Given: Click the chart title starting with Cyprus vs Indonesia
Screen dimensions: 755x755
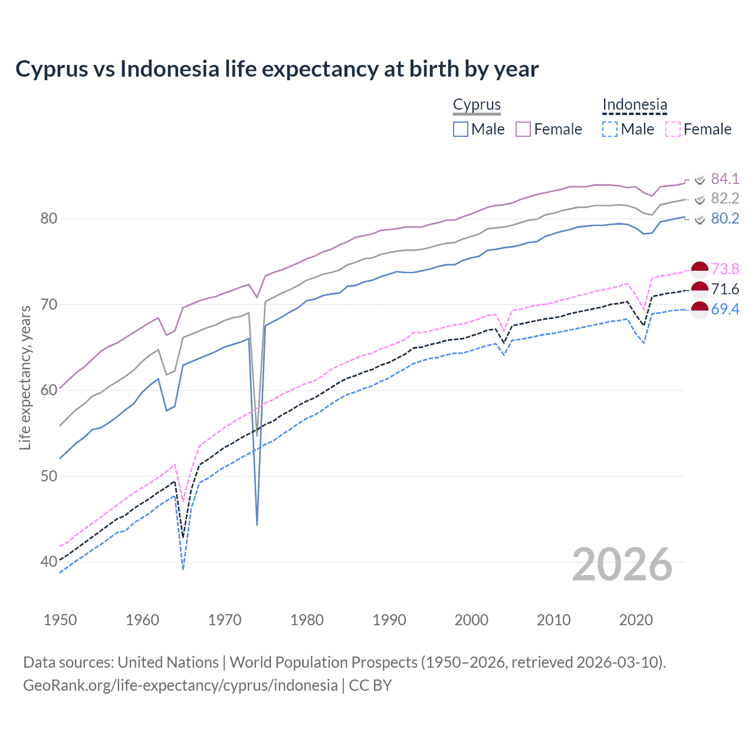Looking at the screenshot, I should coord(277,69).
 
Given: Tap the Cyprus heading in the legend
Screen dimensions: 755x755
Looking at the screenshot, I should coord(477,104).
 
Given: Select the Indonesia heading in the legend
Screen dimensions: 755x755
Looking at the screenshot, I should coord(634,104).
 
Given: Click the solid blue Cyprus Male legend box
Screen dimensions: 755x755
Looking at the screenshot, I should coord(461,129).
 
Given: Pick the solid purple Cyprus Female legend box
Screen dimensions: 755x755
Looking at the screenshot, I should coord(523,129).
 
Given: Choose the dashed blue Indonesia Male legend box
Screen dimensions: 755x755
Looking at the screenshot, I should coord(610,129).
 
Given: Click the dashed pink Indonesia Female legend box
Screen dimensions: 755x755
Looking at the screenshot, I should coord(673,129).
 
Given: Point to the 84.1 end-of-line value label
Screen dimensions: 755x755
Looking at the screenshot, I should coord(725,179).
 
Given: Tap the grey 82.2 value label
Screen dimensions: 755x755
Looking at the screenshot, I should coord(725,198).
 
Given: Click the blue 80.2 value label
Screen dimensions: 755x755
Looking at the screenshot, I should coord(725,218).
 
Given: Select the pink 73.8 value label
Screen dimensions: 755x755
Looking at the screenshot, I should coord(725,269).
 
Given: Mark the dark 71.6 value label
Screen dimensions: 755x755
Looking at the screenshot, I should coord(725,289).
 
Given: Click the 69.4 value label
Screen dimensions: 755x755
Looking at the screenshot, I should coord(725,309).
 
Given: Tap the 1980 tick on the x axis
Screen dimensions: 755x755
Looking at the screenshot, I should coord(307,620).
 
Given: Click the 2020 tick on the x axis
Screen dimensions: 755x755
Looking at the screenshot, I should coord(636,620).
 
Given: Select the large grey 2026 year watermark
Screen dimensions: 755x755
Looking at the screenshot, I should coord(622,564).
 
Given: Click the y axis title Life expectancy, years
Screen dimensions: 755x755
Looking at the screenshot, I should coord(25,377).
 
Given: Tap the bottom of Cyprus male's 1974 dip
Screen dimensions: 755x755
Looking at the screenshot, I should coord(257,524).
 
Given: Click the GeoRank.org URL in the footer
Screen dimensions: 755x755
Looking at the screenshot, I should coord(180,685).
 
